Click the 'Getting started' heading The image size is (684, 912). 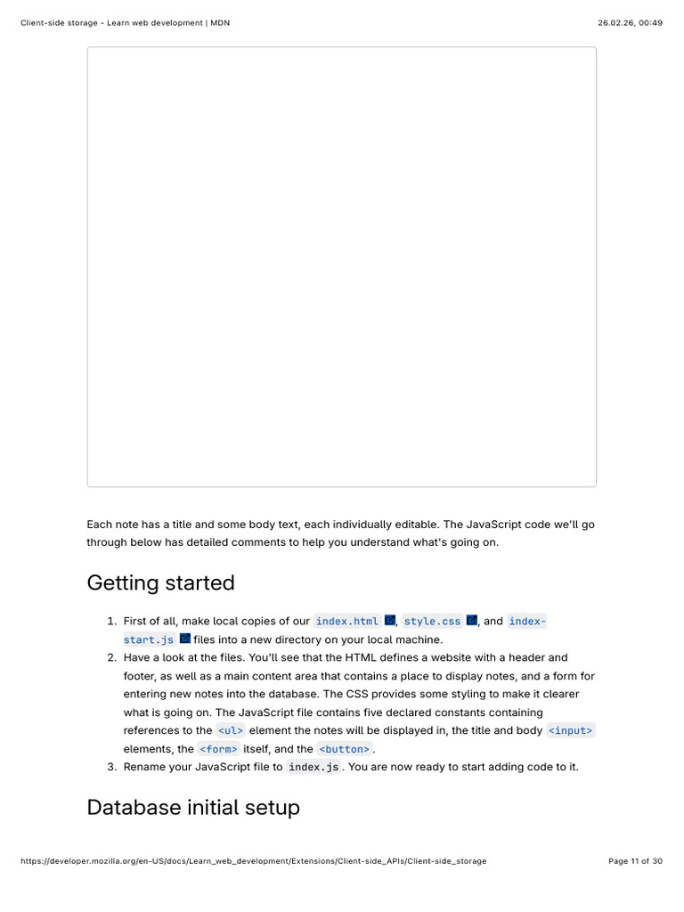pyautogui.click(x=160, y=583)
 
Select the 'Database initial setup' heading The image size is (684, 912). pyautogui.click(x=192, y=808)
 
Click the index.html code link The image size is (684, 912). pyautogui.click(x=346, y=621)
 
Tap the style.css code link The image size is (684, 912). pyautogui.click(x=432, y=621)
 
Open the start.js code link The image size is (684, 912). pyautogui.click(x=149, y=639)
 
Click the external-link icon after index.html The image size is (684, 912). pyautogui.click(x=390, y=620)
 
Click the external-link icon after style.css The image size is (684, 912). pyautogui.click(x=472, y=620)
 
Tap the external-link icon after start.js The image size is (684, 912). pyautogui.click(x=185, y=639)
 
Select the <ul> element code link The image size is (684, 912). pyautogui.click(x=231, y=731)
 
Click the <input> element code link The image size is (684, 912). pyautogui.click(x=570, y=731)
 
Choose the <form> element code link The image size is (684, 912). pyautogui.click(x=218, y=750)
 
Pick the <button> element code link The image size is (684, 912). pyautogui.click(x=344, y=750)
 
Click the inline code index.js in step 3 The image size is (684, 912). pyautogui.click(x=313, y=768)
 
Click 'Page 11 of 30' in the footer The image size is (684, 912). pyautogui.click(x=635, y=861)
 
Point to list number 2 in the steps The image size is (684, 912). pyautogui.click(x=112, y=657)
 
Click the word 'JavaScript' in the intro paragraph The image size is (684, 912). pyautogui.click(x=493, y=525)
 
